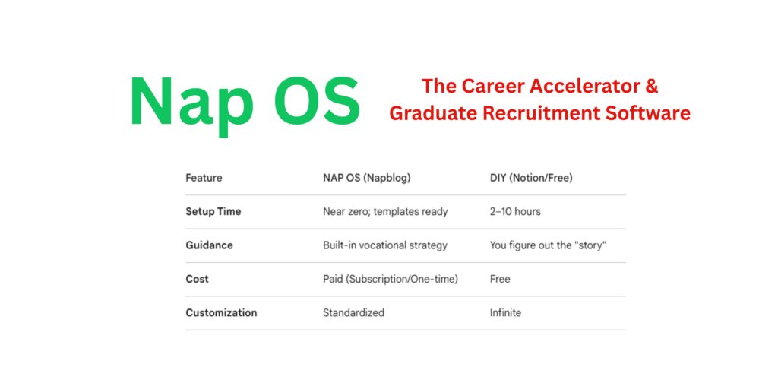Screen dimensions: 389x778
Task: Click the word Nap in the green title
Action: pos(190,103)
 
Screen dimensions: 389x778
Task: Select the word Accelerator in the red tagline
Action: pos(577,86)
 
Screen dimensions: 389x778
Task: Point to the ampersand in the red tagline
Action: pos(651,86)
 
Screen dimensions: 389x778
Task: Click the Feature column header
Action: pos(204,178)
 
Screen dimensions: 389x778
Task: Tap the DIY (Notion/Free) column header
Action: pos(531,178)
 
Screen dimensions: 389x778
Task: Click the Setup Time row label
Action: pos(213,211)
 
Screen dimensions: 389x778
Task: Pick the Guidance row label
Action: pos(209,245)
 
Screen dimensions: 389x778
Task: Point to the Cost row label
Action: pos(197,279)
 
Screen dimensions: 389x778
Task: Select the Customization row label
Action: pos(221,312)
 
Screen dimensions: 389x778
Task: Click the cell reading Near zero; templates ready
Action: pos(385,211)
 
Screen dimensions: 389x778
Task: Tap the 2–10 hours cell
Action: pos(515,211)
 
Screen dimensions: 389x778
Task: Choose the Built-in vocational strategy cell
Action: pos(385,245)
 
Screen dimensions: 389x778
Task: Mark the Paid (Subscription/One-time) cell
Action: pos(391,279)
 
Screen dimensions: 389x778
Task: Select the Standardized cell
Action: pos(353,312)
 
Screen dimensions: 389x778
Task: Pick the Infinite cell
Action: pos(505,312)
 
